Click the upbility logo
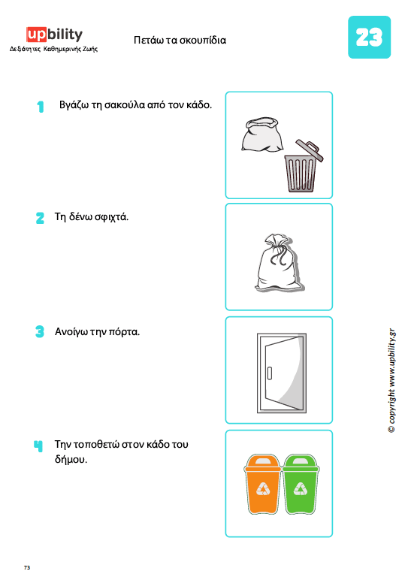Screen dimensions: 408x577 coord(54,35)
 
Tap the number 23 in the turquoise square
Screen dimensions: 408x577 coord(369,37)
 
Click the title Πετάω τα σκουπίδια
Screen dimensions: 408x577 coord(180,40)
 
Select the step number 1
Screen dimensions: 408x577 coord(41,107)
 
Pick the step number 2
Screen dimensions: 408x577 coord(40,218)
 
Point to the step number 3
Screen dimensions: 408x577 coord(40,331)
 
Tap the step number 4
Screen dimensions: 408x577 coord(38,446)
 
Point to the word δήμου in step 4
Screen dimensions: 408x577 coord(71,460)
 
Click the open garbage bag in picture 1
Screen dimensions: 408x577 coord(262,134)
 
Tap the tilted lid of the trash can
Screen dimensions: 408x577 coord(310,150)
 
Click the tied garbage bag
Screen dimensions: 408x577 coord(279,262)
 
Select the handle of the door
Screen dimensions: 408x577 coord(270,373)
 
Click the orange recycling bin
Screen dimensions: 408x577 coord(263,484)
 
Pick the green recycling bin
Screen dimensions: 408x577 coord(301,484)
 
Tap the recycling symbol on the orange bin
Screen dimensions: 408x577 coord(263,489)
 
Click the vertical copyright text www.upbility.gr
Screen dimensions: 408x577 coord(392,380)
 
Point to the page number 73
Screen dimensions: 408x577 coord(27,567)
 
